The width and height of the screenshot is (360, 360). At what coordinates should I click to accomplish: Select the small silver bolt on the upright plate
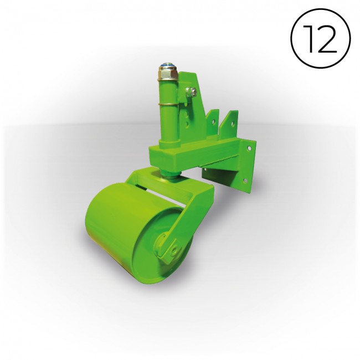191,92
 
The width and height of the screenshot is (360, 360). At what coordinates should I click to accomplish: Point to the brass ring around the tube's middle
168,105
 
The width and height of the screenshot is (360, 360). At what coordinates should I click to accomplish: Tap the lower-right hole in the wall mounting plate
246,181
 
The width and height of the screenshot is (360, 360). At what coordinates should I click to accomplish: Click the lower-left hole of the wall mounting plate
205,170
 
